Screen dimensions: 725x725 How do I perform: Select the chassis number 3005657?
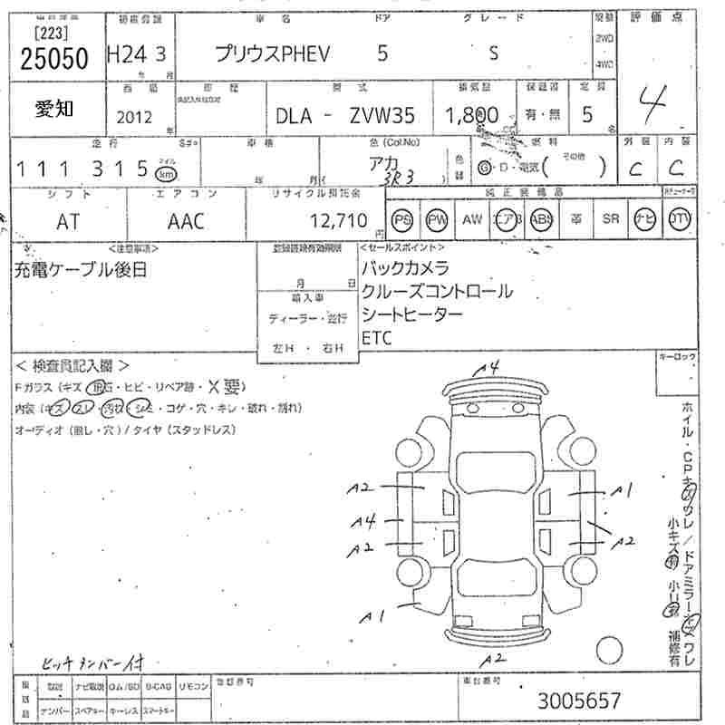[579, 700]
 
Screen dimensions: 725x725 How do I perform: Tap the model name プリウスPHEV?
[273, 53]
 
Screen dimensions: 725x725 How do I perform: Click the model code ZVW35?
[385, 115]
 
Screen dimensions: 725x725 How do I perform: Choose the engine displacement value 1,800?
[471, 115]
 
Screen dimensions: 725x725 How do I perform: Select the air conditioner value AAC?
[186, 221]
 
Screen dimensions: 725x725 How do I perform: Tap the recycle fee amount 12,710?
[338, 219]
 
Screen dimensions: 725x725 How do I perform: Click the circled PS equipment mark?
[401, 219]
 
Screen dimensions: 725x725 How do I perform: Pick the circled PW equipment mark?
[438, 219]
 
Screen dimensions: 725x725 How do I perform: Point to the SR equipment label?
[611, 219]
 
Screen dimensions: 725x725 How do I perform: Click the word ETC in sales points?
[376, 337]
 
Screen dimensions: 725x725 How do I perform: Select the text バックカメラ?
[405, 268]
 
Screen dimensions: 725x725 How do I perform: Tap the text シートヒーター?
[412, 314]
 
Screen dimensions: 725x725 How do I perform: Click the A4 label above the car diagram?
[489, 367]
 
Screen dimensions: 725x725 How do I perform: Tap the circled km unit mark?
[165, 171]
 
